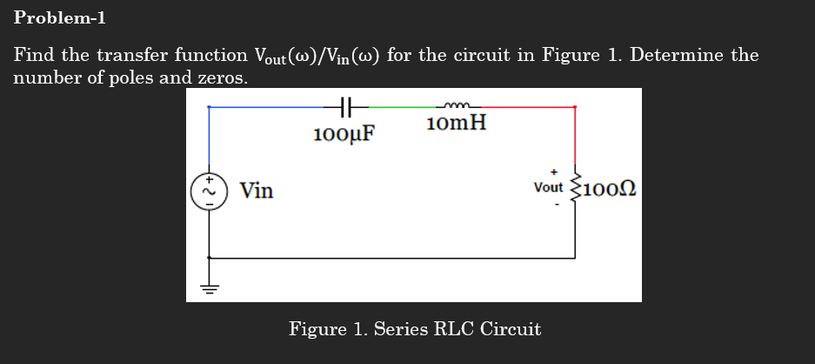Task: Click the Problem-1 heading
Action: click(x=59, y=17)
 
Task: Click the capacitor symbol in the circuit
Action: click(x=344, y=107)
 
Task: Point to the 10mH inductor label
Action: click(x=457, y=123)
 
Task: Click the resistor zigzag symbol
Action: click(x=574, y=187)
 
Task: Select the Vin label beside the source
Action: click(x=257, y=190)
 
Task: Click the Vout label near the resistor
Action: click(x=549, y=187)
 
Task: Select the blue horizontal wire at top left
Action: click(x=270, y=107)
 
